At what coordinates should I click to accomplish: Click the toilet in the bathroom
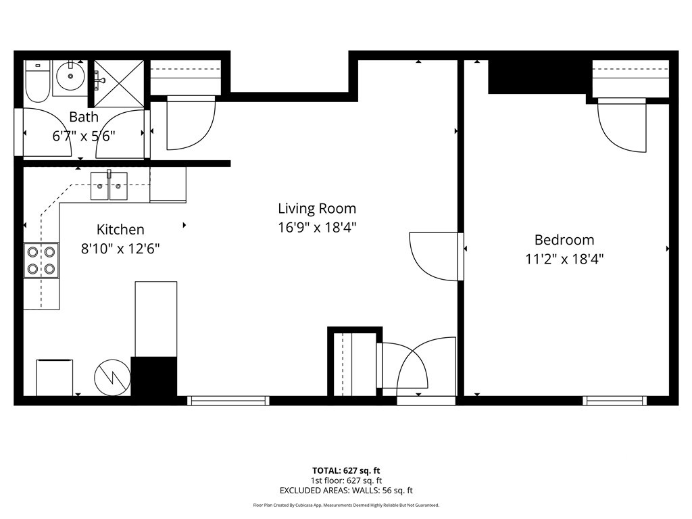pos(37,81)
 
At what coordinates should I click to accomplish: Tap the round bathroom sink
pos(70,76)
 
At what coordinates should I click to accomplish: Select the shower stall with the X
pos(119,83)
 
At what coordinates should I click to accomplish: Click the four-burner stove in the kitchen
pos(41,260)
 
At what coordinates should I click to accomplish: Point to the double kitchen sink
pos(109,186)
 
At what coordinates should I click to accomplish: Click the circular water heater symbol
pos(113,377)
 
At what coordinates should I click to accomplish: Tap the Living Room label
pos(317,208)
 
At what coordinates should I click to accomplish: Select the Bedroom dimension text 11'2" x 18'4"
pos(564,259)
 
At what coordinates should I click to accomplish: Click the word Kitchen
pos(120,230)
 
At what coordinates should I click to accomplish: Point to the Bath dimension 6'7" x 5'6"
pos(84,136)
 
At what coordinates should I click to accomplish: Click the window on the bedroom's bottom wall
pos(615,401)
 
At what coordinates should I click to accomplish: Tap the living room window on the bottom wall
pos(228,401)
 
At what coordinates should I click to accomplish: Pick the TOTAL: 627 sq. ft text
pos(346,470)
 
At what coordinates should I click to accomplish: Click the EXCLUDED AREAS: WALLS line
pos(346,491)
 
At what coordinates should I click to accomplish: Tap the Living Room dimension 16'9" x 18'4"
pos(317,227)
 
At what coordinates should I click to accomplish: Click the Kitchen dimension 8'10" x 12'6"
pos(120,249)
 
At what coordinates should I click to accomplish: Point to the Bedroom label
pos(564,240)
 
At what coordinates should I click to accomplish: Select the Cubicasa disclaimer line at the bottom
pos(346,505)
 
